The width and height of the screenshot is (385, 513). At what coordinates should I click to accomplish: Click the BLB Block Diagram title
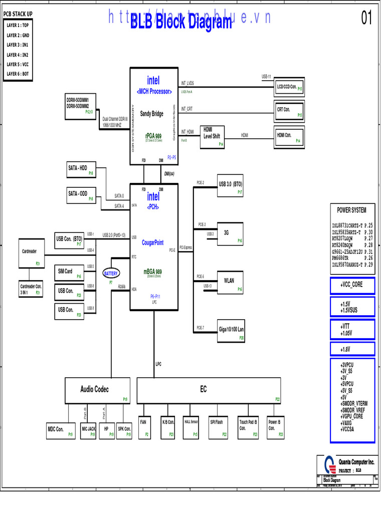pyautogui.click(x=181, y=22)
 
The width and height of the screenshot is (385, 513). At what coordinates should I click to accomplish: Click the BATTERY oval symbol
pyautogui.click(x=111, y=274)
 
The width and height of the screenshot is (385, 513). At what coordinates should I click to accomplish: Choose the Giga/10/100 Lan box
pyautogui.click(x=231, y=331)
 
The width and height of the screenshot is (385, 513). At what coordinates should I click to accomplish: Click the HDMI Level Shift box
pyautogui.click(x=213, y=135)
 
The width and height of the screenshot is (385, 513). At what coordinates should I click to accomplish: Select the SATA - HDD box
pyautogui.click(x=81, y=169)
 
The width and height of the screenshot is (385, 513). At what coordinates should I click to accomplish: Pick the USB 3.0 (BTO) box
pyautogui.click(x=230, y=186)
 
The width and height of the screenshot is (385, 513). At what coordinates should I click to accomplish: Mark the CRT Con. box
pyautogui.click(x=290, y=111)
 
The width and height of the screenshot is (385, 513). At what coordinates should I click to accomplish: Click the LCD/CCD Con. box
pyautogui.click(x=290, y=87)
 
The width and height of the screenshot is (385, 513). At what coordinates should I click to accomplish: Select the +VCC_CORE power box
pyautogui.click(x=352, y=285)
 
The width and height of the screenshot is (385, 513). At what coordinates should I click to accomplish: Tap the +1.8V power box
pyautogui.click(x=352, y=349)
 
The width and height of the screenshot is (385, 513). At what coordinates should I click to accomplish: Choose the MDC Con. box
pyautogui.click(x=61, y=430)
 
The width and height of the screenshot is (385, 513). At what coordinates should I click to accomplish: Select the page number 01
pyautogui.click(x=366, y=19)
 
